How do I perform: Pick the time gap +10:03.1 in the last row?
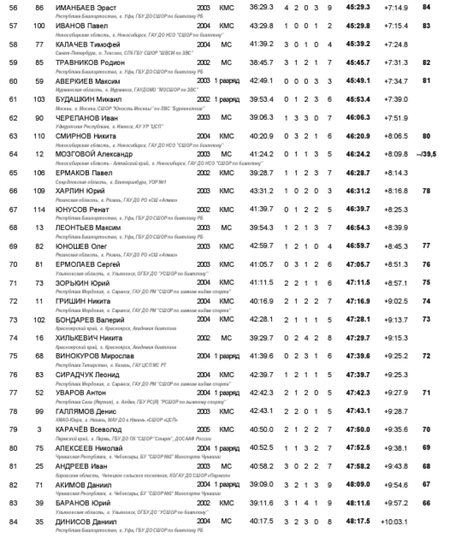pyautogui.click(x=395, y=522)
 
